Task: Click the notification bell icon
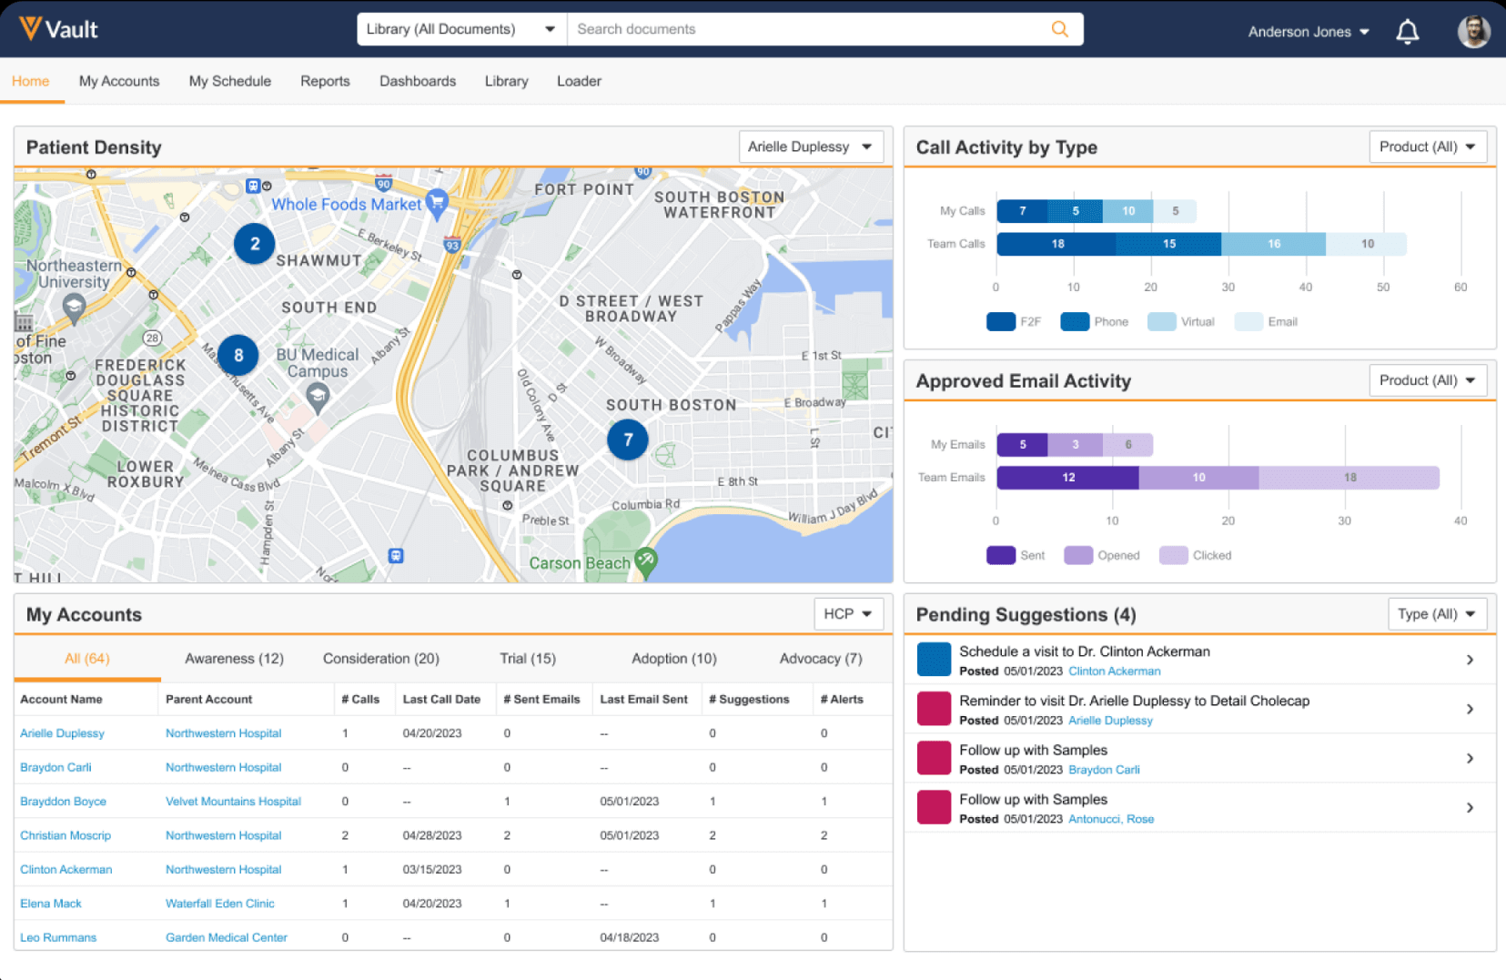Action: tap(1407, 32)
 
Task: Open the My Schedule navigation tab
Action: tap(229, 81)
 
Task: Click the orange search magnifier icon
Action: tap(1059, 29)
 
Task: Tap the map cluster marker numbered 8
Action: tap(238, 356)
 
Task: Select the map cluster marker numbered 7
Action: tap(628, 439)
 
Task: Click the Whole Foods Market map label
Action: tap(347, 205)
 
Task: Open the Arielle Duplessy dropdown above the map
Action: tap(810, 146)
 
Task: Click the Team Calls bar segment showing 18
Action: tap(1056, 244)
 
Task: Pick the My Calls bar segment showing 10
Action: tap(1127, 211)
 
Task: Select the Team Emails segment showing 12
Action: tap(1067, 478)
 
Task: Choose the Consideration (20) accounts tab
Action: tap(380, 659)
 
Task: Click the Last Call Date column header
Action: tap(441, 700)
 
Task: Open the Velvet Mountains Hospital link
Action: tap(233, 802)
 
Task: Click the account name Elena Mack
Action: tap(51, 904)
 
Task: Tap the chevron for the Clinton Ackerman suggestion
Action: tap(1470, 660)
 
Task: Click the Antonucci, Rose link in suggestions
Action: tap(1110, 819)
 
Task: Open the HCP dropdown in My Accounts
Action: tap(847, 614)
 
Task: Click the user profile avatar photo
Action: tap(1473, 32)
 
